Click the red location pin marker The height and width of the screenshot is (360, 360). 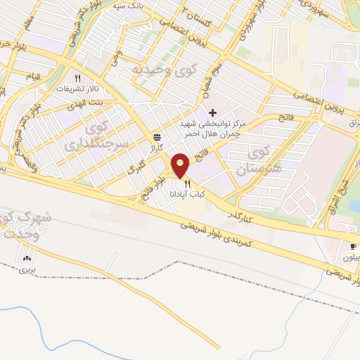181,165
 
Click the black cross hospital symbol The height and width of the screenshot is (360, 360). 212,112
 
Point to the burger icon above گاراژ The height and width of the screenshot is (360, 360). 156,139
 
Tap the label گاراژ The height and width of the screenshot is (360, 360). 155,148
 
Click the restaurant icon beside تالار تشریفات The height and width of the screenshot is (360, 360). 77,79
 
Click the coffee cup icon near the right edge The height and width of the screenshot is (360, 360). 353,246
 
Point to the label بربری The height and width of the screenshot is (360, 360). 27,269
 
